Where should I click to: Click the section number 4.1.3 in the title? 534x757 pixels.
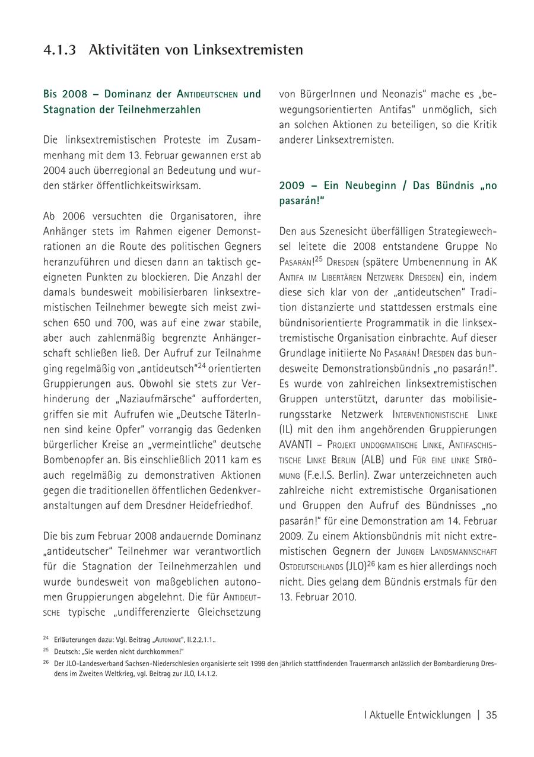(x=60, y=50)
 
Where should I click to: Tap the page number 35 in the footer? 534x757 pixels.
(x=491, y=715)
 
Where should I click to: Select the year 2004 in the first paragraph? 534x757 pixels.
(x=56, y=170)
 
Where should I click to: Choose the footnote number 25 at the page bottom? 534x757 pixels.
(x=46, y=650)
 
